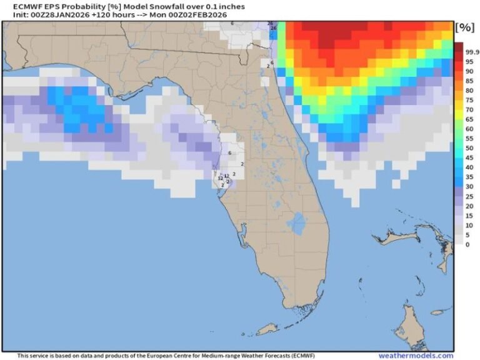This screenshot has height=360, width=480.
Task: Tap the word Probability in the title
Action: pyautogui.click(x=76, y=7)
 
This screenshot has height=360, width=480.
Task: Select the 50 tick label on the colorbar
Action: pyautogui.click(x=469, y=148)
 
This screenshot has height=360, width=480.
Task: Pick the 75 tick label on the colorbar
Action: pyautogui.click(x=469, y=101)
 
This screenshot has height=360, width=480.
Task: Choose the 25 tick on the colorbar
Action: pyautogui.click(x=469, y=196)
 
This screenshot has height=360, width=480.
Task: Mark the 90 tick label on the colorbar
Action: pyautogui.click(x=469, y=72)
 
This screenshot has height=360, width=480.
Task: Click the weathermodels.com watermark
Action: pyautogui.click(x=416, y=355)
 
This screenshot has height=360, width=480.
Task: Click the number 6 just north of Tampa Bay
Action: pyautogui.click(x=230, y=152)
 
